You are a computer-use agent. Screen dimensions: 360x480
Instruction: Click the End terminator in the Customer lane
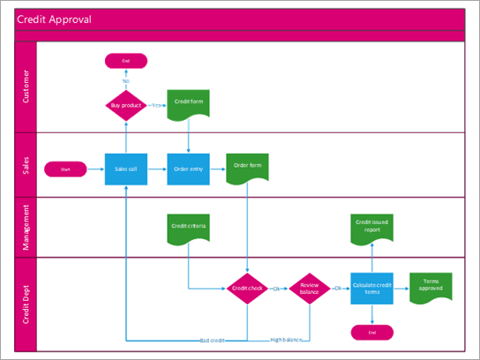125,61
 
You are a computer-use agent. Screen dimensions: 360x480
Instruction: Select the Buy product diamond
125,104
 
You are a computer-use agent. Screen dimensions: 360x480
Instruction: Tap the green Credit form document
188,104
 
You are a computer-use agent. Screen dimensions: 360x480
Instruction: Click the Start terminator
65,168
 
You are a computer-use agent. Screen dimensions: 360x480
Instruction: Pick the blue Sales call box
125,168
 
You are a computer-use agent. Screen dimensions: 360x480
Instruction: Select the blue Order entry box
188,168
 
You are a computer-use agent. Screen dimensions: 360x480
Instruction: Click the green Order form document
247,168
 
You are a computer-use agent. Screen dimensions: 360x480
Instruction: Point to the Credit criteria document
188,228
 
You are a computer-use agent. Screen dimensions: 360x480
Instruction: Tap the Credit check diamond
247,288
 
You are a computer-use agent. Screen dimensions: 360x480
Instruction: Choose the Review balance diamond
309,288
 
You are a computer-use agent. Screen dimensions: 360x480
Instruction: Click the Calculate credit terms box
371,288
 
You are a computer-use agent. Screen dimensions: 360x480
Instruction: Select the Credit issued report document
371,228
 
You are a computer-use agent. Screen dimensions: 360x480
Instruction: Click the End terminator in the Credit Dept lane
371,332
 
